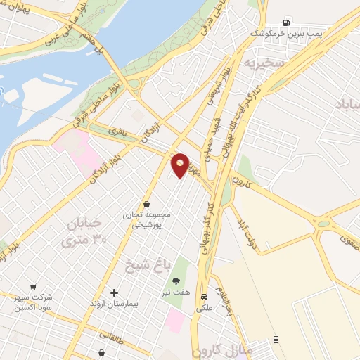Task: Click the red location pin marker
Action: (181, 165)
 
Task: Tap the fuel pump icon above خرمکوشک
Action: (286, 22)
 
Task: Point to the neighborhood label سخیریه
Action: (262, 63)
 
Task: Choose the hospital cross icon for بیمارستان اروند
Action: (115, 292)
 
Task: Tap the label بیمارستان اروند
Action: (115, 304)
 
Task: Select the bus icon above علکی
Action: (204, 297)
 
